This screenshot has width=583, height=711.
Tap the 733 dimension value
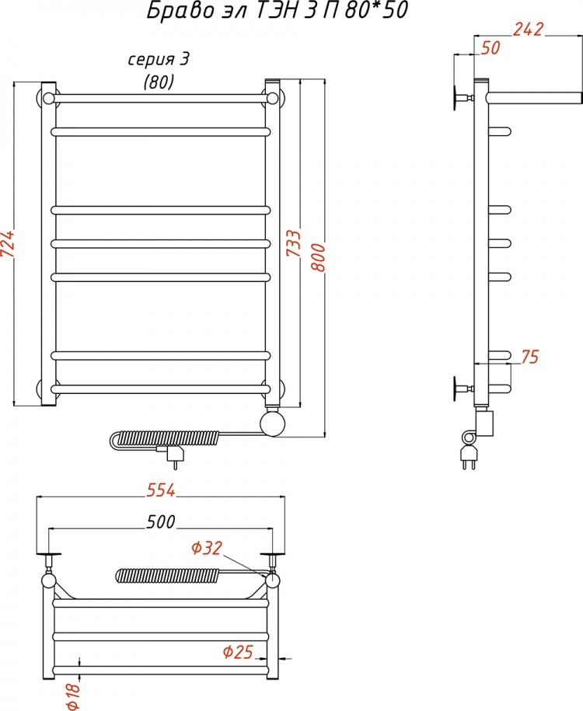pyautogui.click(x=294, y=243)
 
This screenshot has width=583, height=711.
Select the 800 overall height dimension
pyautogui.click(x=319, y=257)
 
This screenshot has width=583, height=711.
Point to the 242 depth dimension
pyautogui.click(x=528, y=29)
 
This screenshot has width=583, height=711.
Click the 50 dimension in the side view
pyautogui.click(x=490, y=47)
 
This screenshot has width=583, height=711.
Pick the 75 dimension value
pyautogui.click(x=529, y=357)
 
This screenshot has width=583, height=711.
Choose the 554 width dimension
pyautogui.click(x=161, y=490)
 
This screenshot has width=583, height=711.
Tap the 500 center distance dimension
pyautogui.click(x=161, y=522)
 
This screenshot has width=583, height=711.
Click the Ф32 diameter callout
pyautogui.click(x=207, y=548)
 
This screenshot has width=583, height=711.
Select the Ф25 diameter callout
pyautogui.click(x=238, y=652)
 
